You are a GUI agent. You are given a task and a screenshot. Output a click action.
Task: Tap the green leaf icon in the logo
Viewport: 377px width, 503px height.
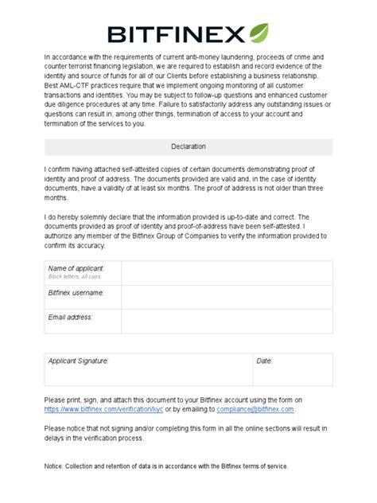(258, 33)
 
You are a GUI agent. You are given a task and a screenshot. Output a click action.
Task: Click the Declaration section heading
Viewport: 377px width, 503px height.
(188, 147)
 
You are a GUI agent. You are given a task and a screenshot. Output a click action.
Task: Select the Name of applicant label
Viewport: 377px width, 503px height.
(75, 269)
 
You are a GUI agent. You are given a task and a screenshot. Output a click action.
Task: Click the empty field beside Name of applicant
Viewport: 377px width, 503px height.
(226, 273)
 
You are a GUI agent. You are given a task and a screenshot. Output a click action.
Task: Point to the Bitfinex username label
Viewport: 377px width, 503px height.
(76, 293)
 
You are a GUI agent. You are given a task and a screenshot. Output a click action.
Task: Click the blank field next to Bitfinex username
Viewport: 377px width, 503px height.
(226, 297)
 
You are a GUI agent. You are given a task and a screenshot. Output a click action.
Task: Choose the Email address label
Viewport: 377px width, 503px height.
(71, 317)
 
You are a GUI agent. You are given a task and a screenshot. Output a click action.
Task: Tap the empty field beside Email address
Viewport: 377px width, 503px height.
(226, 321)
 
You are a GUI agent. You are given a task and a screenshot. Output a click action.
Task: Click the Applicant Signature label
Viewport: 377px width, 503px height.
(79, 361)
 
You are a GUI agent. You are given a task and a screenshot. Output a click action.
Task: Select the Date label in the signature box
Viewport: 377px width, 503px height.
(264, 361)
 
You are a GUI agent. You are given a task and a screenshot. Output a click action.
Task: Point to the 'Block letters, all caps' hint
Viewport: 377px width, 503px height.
(74, 277)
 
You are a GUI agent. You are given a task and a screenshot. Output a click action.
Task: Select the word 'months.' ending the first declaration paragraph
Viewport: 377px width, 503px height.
(57, 197)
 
